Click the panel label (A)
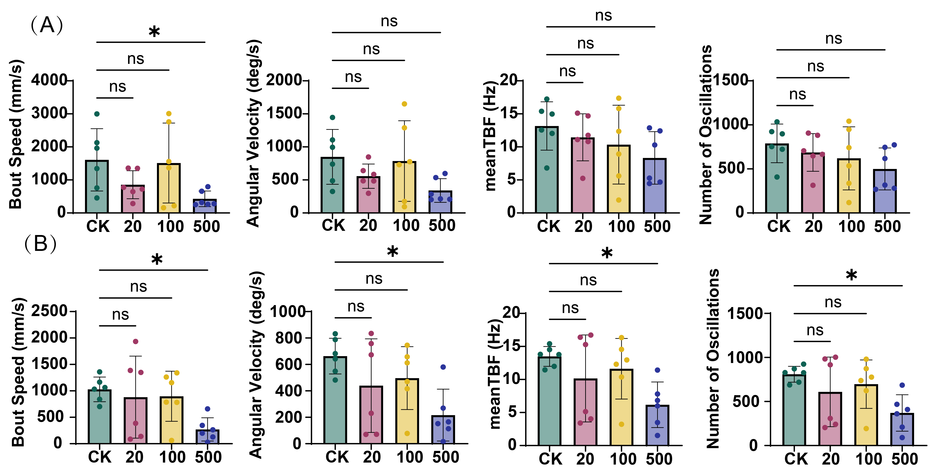click(x=47, y=25)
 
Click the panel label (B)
click(x=40, y=244)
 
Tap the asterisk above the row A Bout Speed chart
click(x=154, y=32)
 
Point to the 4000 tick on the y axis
click(x=49, y=80)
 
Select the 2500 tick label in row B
click(x=49, y=311)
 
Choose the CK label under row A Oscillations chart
click(x=779, y=226)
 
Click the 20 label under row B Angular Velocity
click(x=372, y=457)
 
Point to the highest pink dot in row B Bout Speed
click(x=136, y=341)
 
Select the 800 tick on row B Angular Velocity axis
click(x=289, y=338)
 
